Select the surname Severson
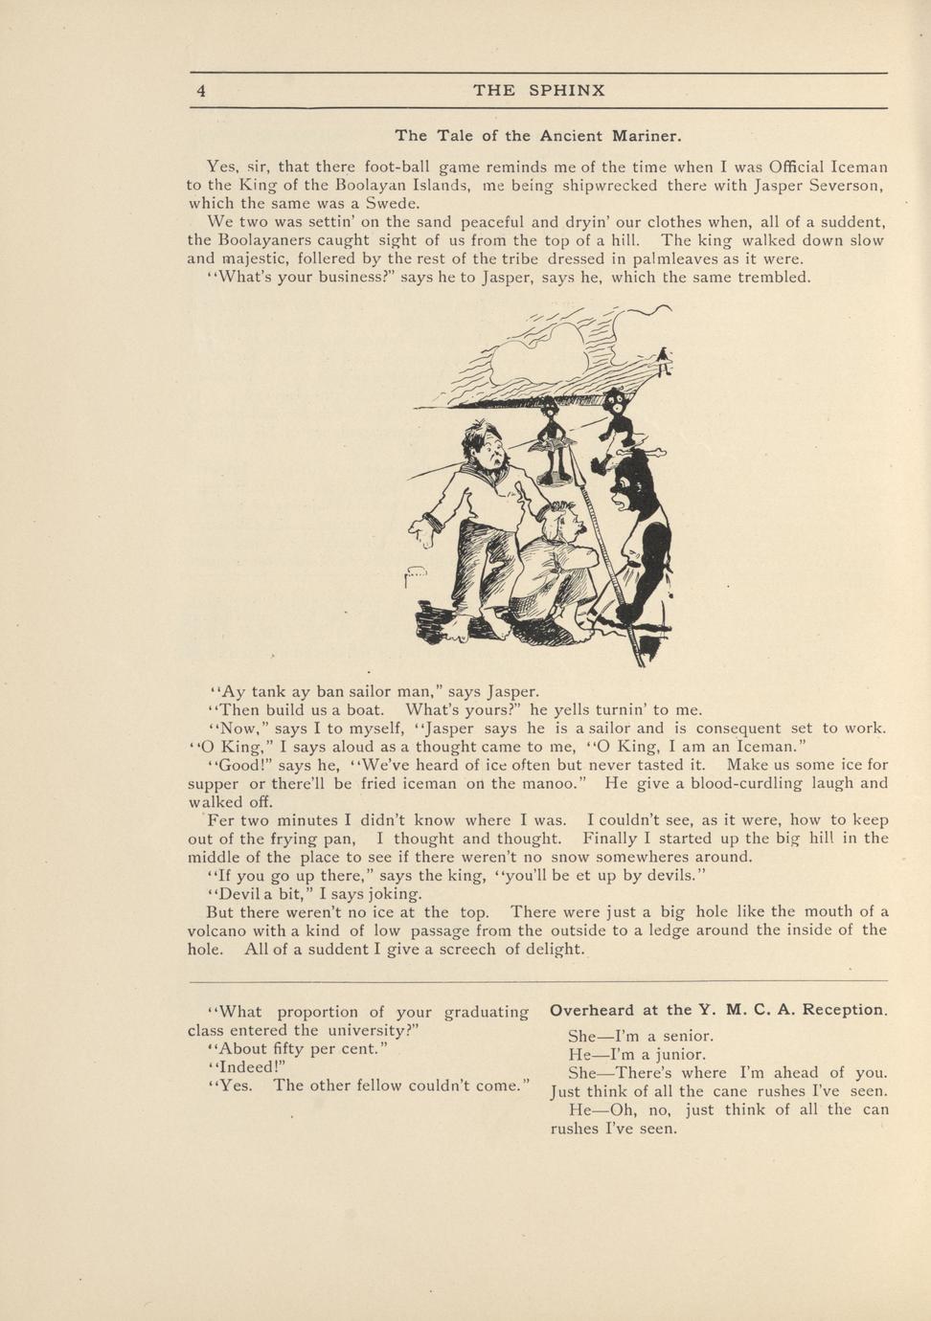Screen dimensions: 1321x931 [x=836, y=185]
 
